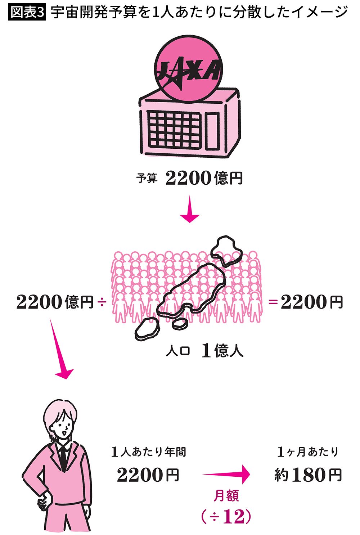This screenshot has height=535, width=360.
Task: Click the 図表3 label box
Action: point(27,13)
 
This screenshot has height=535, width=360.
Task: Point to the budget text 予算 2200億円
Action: point(189,178)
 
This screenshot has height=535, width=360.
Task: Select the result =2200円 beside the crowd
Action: point(306,302)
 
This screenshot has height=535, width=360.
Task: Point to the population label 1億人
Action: point(222,350)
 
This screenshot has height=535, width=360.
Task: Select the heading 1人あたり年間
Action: point(148,451)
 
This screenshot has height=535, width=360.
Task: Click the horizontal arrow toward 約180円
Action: point(227,475)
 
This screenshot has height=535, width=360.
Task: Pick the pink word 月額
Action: point(226,496)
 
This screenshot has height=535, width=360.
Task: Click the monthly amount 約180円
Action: point(307,475)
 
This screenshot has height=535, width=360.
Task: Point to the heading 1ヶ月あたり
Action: point(308,451)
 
